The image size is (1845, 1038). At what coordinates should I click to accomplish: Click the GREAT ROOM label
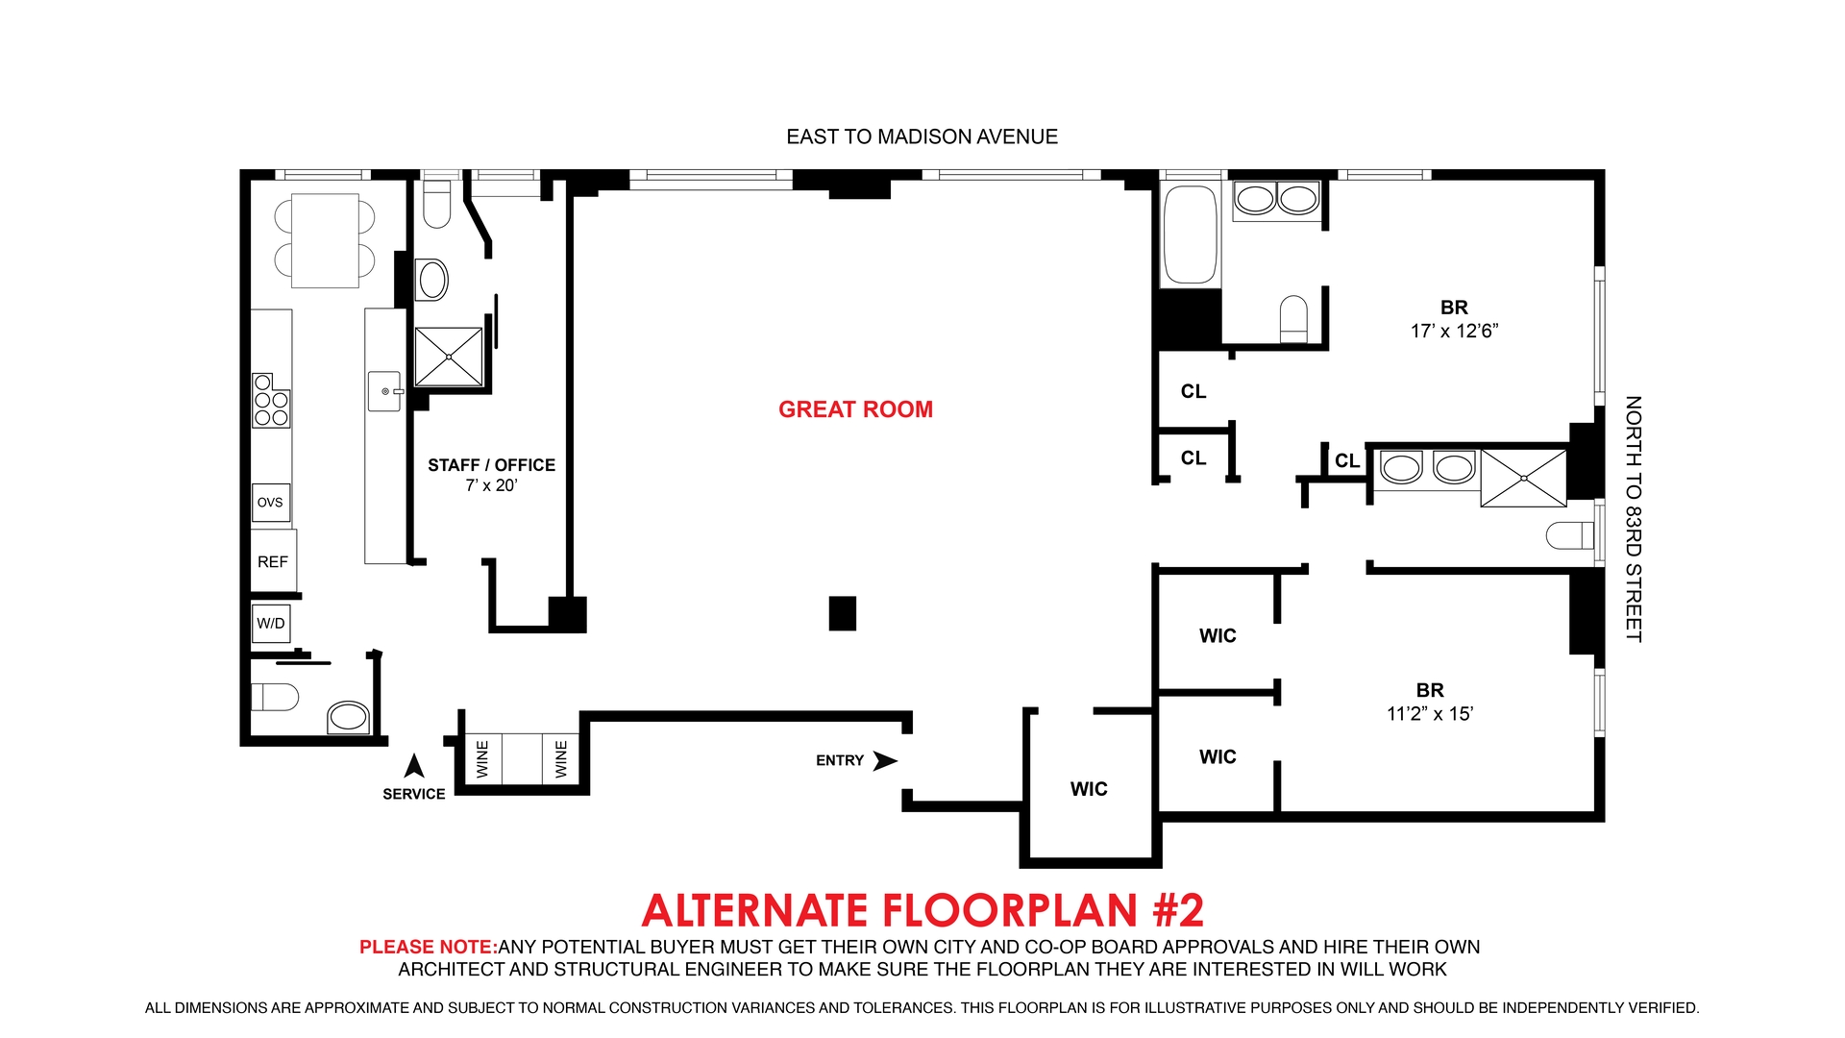pos(855,409)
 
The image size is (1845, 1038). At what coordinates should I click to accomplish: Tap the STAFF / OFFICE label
pos(491,465)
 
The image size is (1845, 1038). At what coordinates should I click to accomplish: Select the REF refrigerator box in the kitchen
pos(273,562)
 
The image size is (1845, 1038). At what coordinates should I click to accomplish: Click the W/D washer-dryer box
pos(271,624)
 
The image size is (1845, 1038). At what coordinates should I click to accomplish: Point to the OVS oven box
pos(270,503)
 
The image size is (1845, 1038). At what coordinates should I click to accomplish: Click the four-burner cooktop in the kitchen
pos(271,401)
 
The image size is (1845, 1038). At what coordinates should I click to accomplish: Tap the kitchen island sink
pos(385,391)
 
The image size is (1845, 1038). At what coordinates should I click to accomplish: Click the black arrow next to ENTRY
pos(884,761)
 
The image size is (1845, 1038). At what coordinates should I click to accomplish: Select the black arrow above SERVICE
pos(414,766)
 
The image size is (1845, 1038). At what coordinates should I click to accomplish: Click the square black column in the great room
pos(842,613)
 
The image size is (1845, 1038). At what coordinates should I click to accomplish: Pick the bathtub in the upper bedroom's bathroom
pos(1191,235)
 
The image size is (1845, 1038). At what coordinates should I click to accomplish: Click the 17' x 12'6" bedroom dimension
pos(1454,332)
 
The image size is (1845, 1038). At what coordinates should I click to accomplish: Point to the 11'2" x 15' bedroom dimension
pos(1430,714)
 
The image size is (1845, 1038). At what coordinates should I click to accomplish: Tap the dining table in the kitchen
pos(325,240)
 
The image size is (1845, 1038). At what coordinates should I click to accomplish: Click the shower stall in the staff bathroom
pos(449,358)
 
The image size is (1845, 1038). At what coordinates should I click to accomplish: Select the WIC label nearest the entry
pos(1089,789)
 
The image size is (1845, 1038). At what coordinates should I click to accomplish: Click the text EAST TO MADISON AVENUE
pos(922,137)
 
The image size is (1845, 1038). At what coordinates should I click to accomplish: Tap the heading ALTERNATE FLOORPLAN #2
pos(922,910)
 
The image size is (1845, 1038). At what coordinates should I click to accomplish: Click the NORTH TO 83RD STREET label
pos(1633,519)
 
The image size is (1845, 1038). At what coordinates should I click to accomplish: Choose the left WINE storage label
pos(482,759)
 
